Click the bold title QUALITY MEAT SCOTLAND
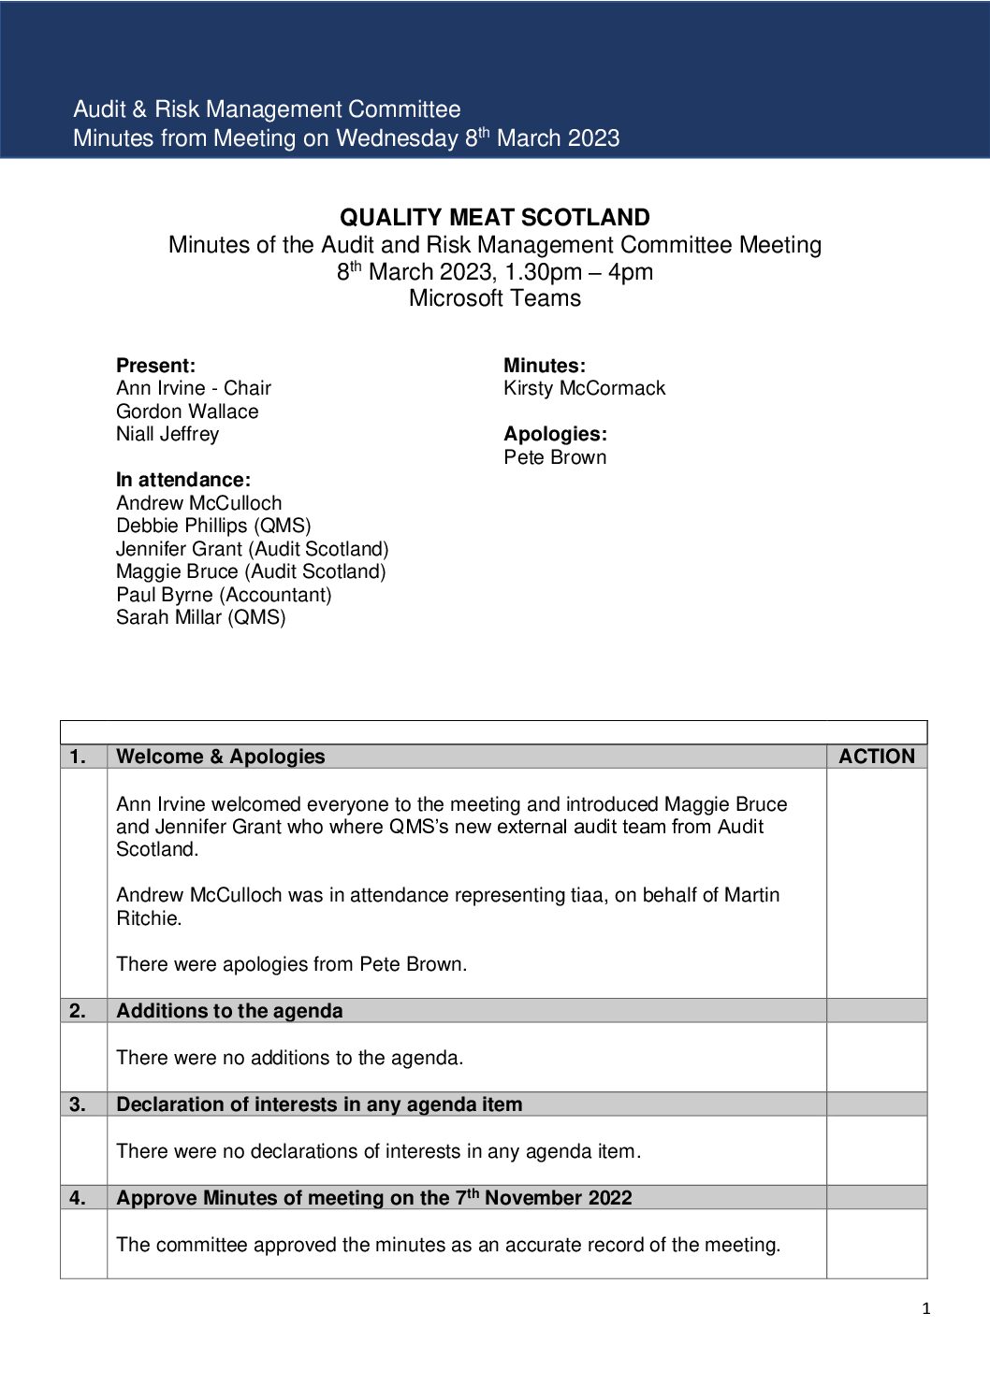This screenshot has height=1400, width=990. [494, 218]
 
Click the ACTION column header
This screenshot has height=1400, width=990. [876, 757]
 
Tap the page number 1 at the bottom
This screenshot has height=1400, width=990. [926, 1309]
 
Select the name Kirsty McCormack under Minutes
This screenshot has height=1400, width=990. [584, 388]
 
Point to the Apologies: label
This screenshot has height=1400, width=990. [555, 434]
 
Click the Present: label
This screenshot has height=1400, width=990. [155, 366]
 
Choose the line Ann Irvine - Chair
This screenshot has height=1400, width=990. [194, 388]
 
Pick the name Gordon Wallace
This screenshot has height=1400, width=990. [187, 411]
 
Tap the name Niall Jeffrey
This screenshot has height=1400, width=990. [167, 434]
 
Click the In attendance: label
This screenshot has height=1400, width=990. [183, 480]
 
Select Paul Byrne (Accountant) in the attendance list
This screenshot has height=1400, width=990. [224, 595]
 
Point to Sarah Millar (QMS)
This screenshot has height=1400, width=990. [201, 617]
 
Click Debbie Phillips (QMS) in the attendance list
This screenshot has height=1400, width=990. [213, 526]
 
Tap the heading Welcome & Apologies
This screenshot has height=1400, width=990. [221, 757]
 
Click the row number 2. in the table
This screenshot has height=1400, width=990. [78, 1011]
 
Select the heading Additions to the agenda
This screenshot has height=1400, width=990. [229, 1011]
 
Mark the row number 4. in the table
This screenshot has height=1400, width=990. [78, 1198]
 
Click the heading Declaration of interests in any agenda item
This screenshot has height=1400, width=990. [319, 1104]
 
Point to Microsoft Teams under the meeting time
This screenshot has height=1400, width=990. [494, 298]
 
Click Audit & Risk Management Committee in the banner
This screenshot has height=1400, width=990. [267, 109]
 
